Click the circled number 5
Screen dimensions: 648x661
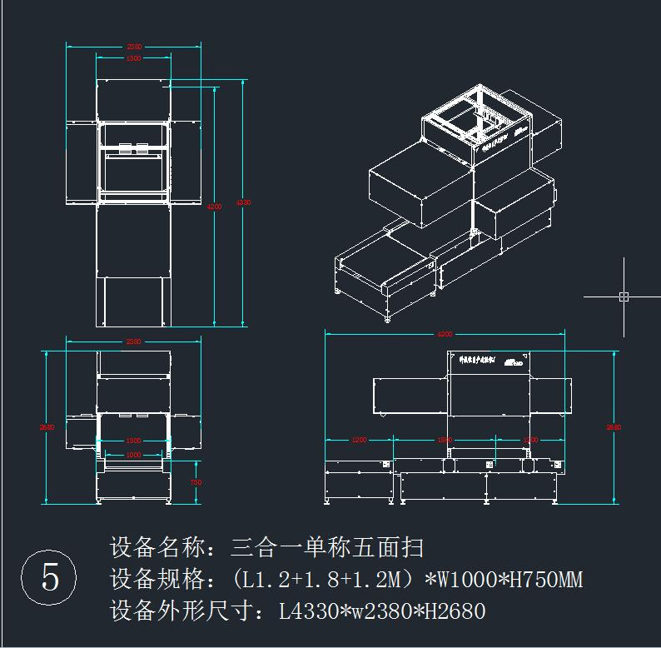point(49,576)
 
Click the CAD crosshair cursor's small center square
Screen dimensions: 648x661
point(624,296)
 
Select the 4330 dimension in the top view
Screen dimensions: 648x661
point(243,202)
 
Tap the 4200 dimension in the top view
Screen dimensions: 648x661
point(215,206)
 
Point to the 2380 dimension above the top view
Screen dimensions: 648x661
point(133,47)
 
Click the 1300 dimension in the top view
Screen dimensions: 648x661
point(133,58)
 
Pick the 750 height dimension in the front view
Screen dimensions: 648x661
point(196,482)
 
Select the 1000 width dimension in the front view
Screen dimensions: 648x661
point(133,455)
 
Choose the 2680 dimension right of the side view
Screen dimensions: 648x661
point(614,427)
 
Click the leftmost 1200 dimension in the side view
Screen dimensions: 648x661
point(359,440)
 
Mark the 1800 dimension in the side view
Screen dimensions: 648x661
point(445,440)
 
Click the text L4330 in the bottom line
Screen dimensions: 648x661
point(307,612)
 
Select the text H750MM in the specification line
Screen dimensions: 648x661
point(540,580)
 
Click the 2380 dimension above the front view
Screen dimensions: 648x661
point(133,341)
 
